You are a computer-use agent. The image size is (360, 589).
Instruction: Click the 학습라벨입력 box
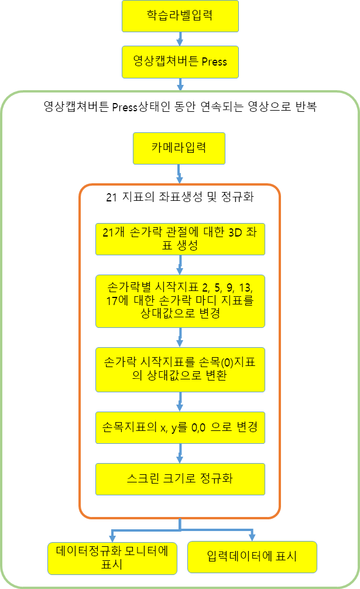pos(180,16)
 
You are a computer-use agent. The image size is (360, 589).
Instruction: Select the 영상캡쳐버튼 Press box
pos(180,62)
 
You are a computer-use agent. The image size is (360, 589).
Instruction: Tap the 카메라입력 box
pos(179,148)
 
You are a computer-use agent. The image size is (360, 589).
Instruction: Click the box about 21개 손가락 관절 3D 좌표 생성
pos(180,239)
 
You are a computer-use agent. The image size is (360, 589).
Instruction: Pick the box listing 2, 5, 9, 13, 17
pos(180,302)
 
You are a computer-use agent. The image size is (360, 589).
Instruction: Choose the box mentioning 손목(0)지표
pos(180,369)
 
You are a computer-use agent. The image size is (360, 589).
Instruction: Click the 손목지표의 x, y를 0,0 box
pos(180,428)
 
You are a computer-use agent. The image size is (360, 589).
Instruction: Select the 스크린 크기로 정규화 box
pos(180,479)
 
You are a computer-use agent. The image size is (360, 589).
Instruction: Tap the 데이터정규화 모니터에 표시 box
pos(112,559)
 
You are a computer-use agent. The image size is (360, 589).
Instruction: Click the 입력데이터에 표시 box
pos(252,557)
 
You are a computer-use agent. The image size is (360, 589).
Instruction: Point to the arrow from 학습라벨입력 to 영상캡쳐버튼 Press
pos(180,39)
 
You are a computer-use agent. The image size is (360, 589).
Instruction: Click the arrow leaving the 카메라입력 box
pos(180,174)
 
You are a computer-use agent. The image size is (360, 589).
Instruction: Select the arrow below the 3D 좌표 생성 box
pos(180,265)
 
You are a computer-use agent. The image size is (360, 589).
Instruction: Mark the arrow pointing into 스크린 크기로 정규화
pos(180,453)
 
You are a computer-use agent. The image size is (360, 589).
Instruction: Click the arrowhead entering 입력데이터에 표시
pos(252,537)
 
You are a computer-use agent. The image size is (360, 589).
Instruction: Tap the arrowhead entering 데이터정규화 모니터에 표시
pos(112,538)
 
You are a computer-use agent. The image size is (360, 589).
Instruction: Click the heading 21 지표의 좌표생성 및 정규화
pos(180,197)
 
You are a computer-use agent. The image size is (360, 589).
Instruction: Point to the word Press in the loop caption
pos(125,107)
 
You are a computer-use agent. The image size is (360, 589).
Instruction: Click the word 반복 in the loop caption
pos(306,107)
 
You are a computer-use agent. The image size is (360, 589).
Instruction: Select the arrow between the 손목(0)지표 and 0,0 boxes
pos(180,402)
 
